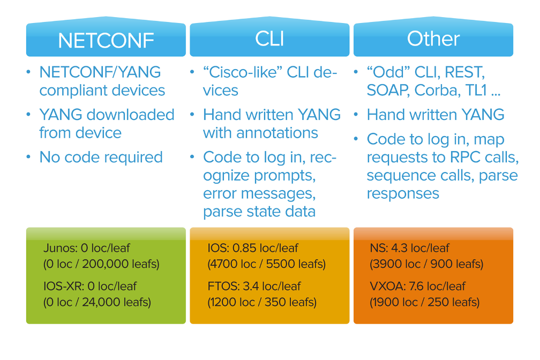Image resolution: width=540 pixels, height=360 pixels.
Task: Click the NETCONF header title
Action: point(106,41)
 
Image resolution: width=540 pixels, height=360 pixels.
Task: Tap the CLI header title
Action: point(269,39)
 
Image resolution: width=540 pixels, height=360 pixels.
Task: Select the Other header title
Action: point(433,39)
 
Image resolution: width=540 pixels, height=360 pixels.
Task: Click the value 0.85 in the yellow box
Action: point(244,248)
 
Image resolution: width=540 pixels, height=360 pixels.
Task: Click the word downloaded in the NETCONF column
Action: point(131,115)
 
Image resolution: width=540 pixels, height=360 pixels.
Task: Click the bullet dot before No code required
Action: point(28,157)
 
